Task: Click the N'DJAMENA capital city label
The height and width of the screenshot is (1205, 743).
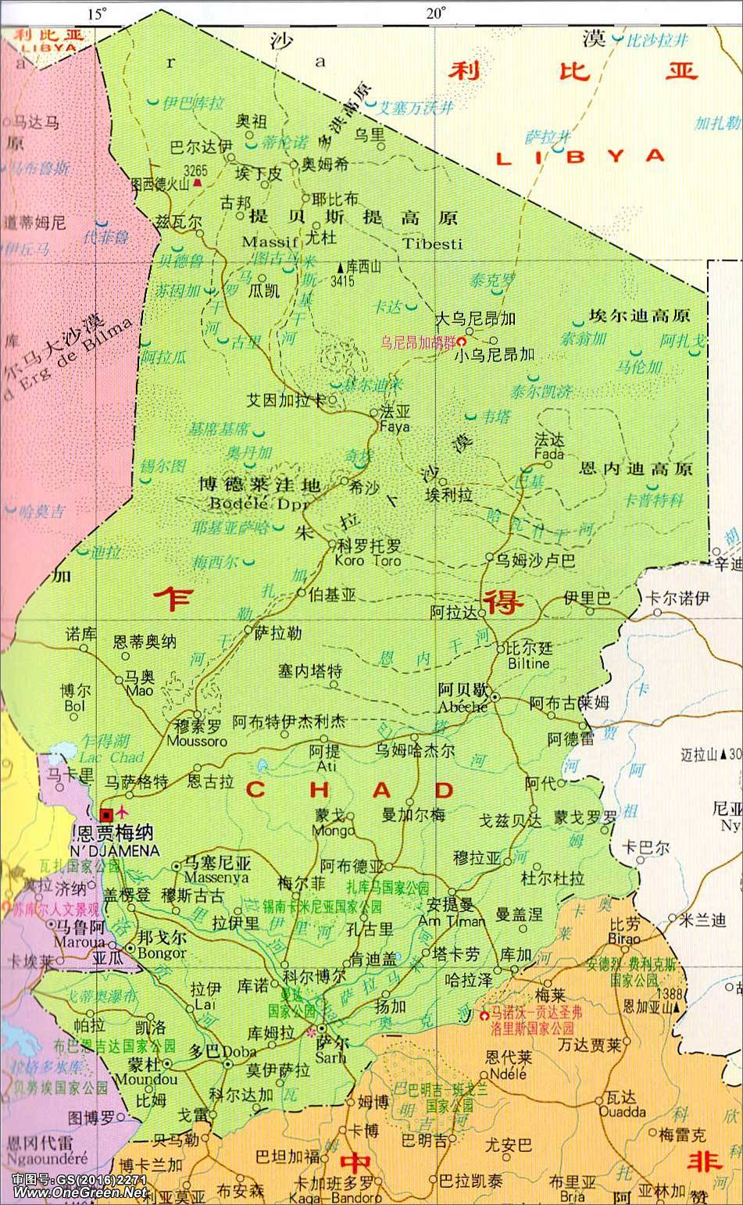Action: (116, 851)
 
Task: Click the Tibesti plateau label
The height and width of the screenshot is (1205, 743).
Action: (433, 244)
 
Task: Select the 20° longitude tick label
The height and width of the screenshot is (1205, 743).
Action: (435, 13)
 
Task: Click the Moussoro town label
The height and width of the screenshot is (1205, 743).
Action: (197, 741)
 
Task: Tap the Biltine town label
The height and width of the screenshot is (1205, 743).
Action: (529, 663)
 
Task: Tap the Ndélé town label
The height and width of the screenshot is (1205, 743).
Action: (508, 1074)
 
